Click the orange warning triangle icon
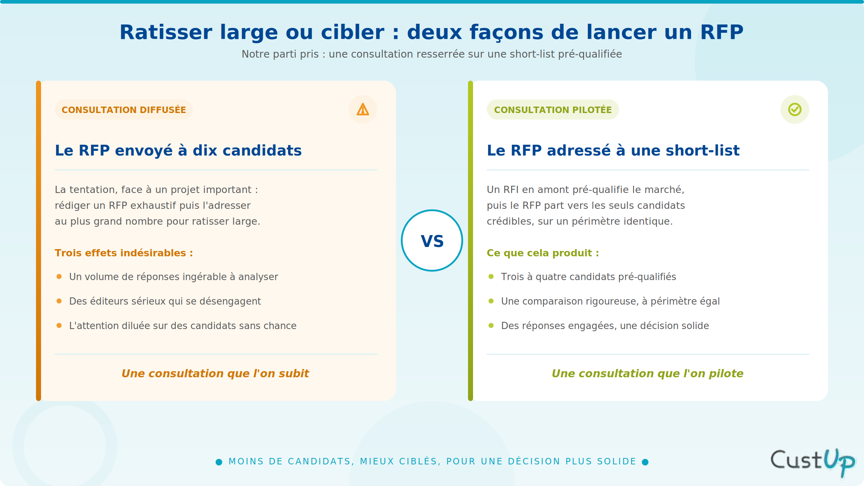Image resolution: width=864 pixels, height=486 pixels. (363, 109)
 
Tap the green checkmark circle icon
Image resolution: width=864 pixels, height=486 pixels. (795, 109)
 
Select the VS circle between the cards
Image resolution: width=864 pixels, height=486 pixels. (432, 240)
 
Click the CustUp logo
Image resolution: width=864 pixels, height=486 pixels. (813, 463)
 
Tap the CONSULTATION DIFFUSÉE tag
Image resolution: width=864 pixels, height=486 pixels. (124, 109)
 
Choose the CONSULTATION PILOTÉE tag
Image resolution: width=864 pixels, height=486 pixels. (553, 109)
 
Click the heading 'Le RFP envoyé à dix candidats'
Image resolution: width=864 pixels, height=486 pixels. (178, 150)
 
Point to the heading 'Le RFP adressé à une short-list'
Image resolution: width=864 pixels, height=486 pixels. (613, 150)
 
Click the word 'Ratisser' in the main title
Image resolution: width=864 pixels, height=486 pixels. (166, 32)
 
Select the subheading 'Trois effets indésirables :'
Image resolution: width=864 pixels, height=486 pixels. (124, 253)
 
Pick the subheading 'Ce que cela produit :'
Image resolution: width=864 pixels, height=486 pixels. (543, 253)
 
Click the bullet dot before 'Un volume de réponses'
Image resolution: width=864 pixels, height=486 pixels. (59, 276)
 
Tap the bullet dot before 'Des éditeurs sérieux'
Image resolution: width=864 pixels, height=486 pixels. (59, 301)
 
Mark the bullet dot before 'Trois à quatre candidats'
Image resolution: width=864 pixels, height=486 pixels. (491, 276)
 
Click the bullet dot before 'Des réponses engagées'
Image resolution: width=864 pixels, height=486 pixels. (491, 325)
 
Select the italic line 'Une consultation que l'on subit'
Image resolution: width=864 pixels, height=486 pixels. (215, 374)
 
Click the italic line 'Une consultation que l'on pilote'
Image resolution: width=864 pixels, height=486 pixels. (648, 374)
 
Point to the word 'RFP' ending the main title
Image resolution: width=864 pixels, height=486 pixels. (722, 32)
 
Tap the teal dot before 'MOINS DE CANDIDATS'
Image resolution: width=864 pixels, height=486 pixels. (219, 462)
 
